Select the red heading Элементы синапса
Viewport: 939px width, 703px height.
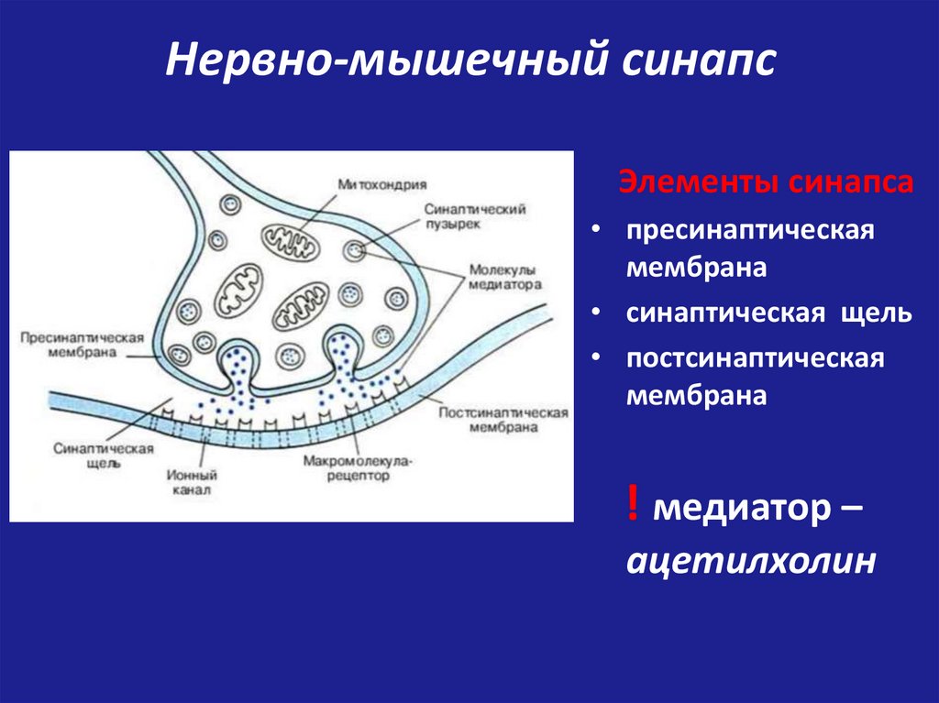point(765,181)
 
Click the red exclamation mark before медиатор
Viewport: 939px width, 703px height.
point(633,506)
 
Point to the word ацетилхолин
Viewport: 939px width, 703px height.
point(746,560)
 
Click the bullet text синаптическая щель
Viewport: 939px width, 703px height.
point(768,313)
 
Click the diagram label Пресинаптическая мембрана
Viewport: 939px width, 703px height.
point(81,346)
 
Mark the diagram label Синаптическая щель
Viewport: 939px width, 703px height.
point(101,456)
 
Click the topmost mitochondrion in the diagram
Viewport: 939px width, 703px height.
point(291,240)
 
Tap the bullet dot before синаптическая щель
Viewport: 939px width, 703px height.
point(597,313)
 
